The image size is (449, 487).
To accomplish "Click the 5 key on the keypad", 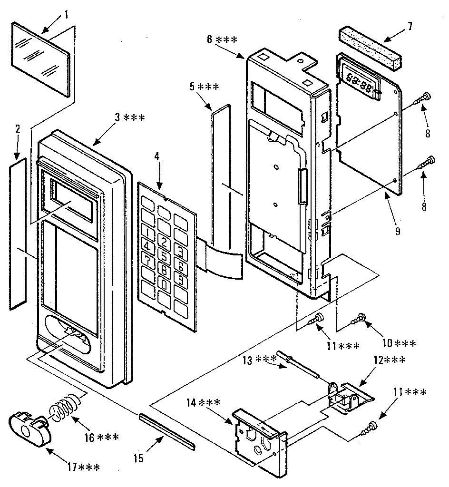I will point(164,256).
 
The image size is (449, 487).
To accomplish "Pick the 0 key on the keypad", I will point(165,285).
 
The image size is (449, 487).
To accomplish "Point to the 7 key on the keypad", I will point(148,262).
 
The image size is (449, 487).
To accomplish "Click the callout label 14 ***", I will point(203,403).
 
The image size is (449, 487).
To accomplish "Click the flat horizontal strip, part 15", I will point(167,431).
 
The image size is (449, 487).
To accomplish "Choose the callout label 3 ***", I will point(129,117).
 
